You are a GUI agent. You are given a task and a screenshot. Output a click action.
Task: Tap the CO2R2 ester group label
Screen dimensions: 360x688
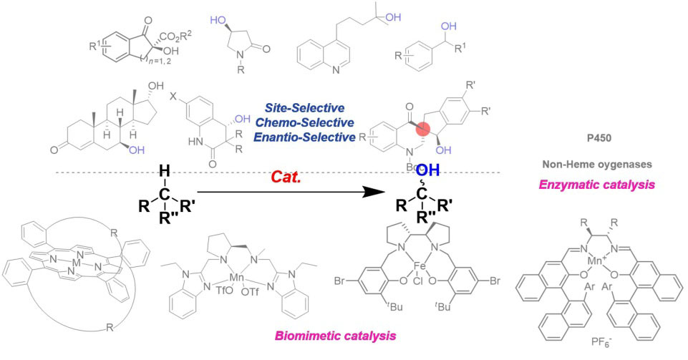(139, 29)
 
